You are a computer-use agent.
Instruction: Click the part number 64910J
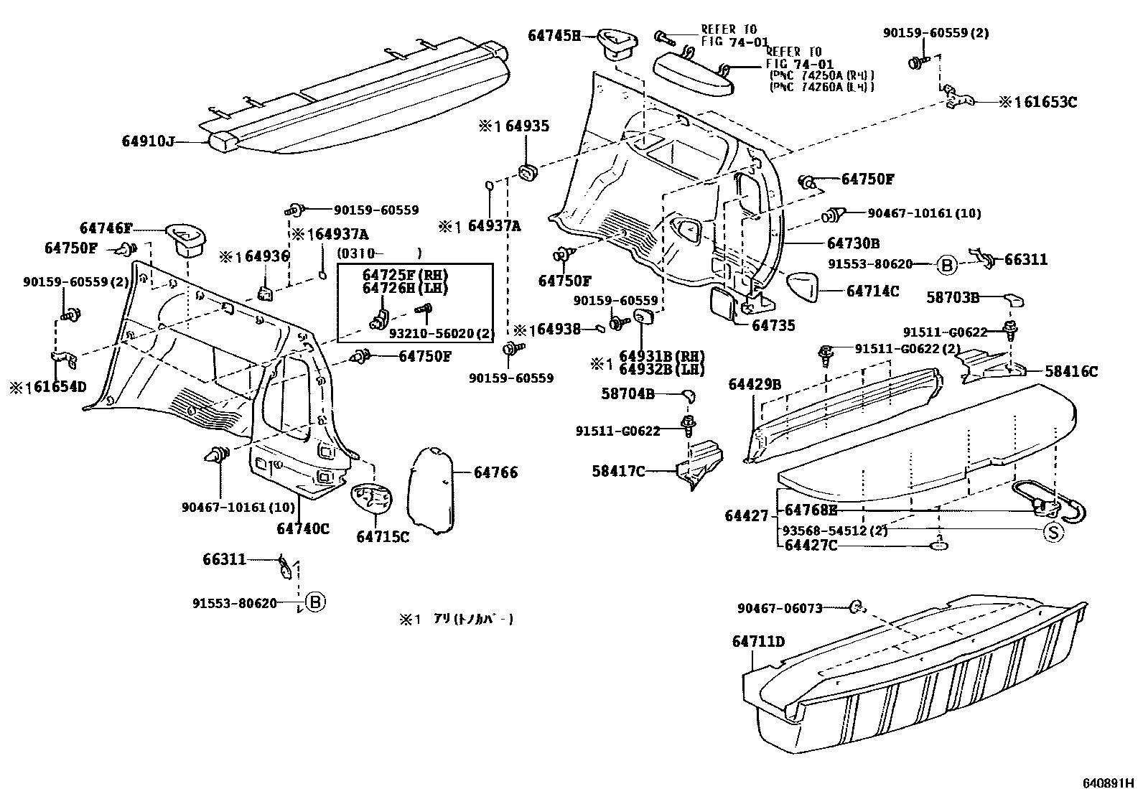click(148, 142)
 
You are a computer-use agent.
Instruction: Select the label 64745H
click(554, 35)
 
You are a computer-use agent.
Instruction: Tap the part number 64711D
click(758, 641)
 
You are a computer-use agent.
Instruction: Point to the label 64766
click(495, 472)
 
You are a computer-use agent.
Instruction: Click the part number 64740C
click(302, 528)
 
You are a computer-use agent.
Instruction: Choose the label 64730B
click(852, 243)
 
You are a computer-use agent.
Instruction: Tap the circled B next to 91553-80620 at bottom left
click(314, 602)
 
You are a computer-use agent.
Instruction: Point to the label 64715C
click(382, 536)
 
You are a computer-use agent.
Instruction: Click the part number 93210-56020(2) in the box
click(442, 334)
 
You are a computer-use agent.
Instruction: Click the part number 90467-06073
click(779, 608)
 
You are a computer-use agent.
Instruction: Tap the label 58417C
click(618, 471)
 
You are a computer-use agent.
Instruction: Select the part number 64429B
click(754, 385)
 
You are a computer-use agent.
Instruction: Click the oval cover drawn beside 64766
click(431, 490)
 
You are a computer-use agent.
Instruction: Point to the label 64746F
click(106, 229)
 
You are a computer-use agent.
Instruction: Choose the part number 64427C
click(811, 546)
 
